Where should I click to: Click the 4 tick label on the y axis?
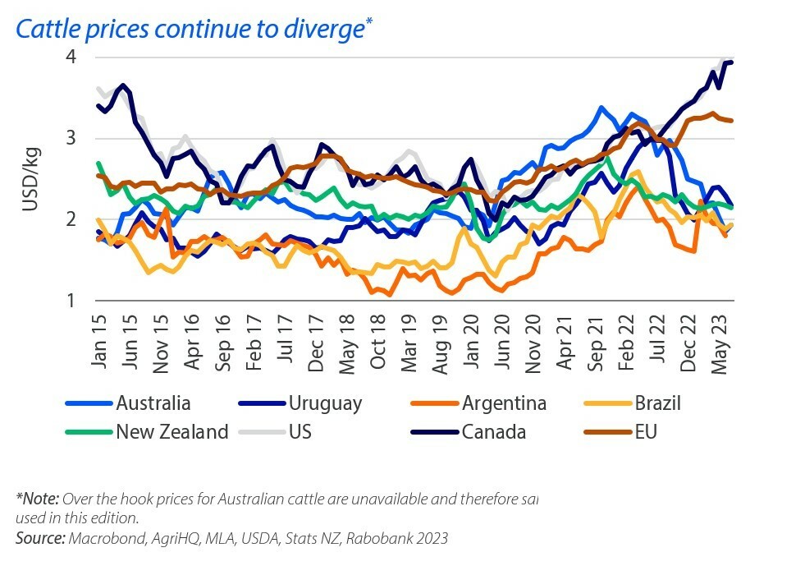tap(72, 58)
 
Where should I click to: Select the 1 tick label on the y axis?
tap(72, 300)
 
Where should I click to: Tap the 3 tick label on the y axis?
tap(72, 138)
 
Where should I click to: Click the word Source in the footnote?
tap(39, 538)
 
